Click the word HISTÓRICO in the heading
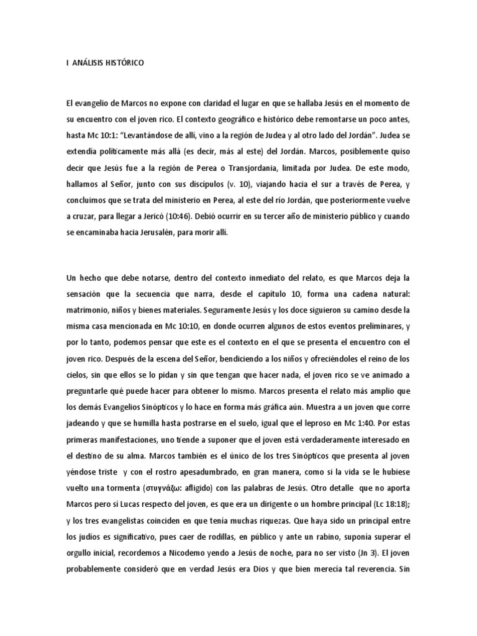[x=123, y=63]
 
